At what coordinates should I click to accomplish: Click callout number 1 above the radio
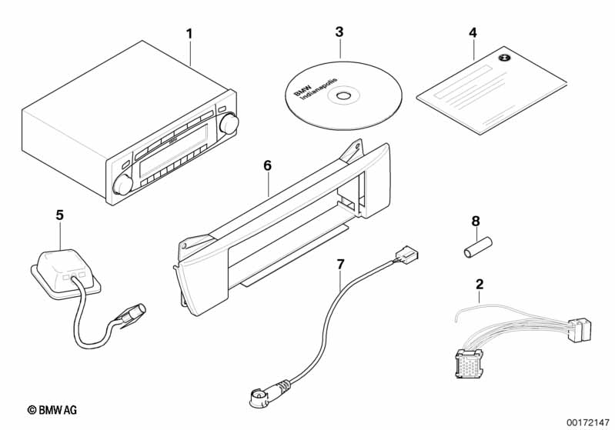[x=189, y=34]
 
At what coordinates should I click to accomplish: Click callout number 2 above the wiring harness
[x=480, y=284]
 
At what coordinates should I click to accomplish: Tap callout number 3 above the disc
[x=339, y=32]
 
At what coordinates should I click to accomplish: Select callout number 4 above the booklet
[x=473, y=32]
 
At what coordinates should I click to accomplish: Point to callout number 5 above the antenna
[x=59, y=215]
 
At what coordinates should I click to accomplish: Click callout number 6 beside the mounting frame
[x=267, y=165]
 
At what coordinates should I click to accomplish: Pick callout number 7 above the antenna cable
[x=340, y=264]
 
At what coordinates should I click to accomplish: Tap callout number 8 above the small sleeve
[x=476, y=221]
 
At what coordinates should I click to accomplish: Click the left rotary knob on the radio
[x=122, y=184]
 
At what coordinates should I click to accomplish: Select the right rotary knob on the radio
[x=229, y=123]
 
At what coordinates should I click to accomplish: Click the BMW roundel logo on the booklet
[x=503, y=58]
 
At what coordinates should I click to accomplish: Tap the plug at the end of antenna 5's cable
[x=133, y=314]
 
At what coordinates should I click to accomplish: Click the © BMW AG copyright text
[x=52, y=410]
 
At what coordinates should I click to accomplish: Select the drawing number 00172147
[x=588, y=422]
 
